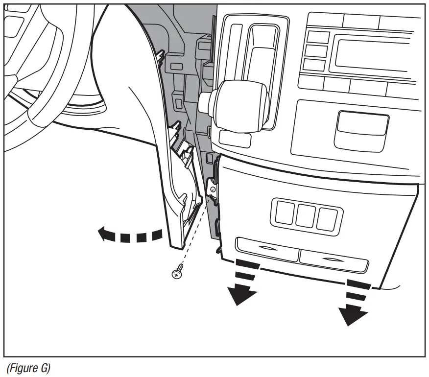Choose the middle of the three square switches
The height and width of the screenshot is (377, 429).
click(x=305, y=216)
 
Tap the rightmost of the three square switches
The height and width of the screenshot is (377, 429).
click(x=326, y=218)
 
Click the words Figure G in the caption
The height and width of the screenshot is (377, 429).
click(x=28, y=367)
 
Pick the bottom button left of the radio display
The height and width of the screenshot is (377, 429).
click(x=314, y=64)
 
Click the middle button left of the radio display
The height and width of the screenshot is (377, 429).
click(x=314, y=51)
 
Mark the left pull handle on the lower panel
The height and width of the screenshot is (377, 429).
click(x=267, y=247)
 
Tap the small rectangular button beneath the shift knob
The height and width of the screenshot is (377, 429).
click(x=235, y=139)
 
